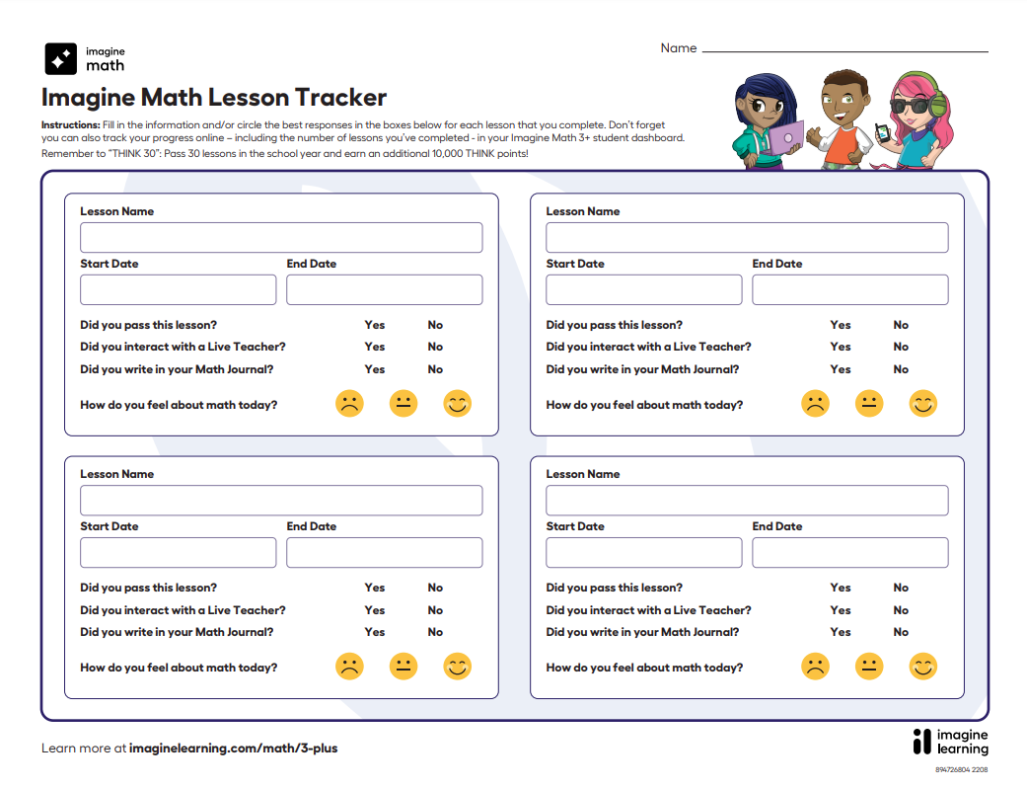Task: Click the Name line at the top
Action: click(844, 49)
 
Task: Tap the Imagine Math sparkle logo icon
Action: click(61, 59)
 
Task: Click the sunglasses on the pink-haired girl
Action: click(910, 106)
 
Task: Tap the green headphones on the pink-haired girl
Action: click(935, 99)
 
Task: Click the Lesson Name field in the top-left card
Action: click(281, 238)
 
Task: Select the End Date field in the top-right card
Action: click(849, 289)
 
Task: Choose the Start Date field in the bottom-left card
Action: click(178, 553)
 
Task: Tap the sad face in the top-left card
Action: click(349, 404)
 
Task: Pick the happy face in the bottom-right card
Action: click(922, 667)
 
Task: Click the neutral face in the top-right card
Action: click(868, 404)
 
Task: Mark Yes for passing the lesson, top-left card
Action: click(375, 325)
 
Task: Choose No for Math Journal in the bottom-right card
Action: click(901, 632)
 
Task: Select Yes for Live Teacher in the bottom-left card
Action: click(375, 610)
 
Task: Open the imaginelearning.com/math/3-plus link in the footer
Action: click(233, 749)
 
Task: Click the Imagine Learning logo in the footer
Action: click(950, 743)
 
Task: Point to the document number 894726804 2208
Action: click(961, 769)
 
